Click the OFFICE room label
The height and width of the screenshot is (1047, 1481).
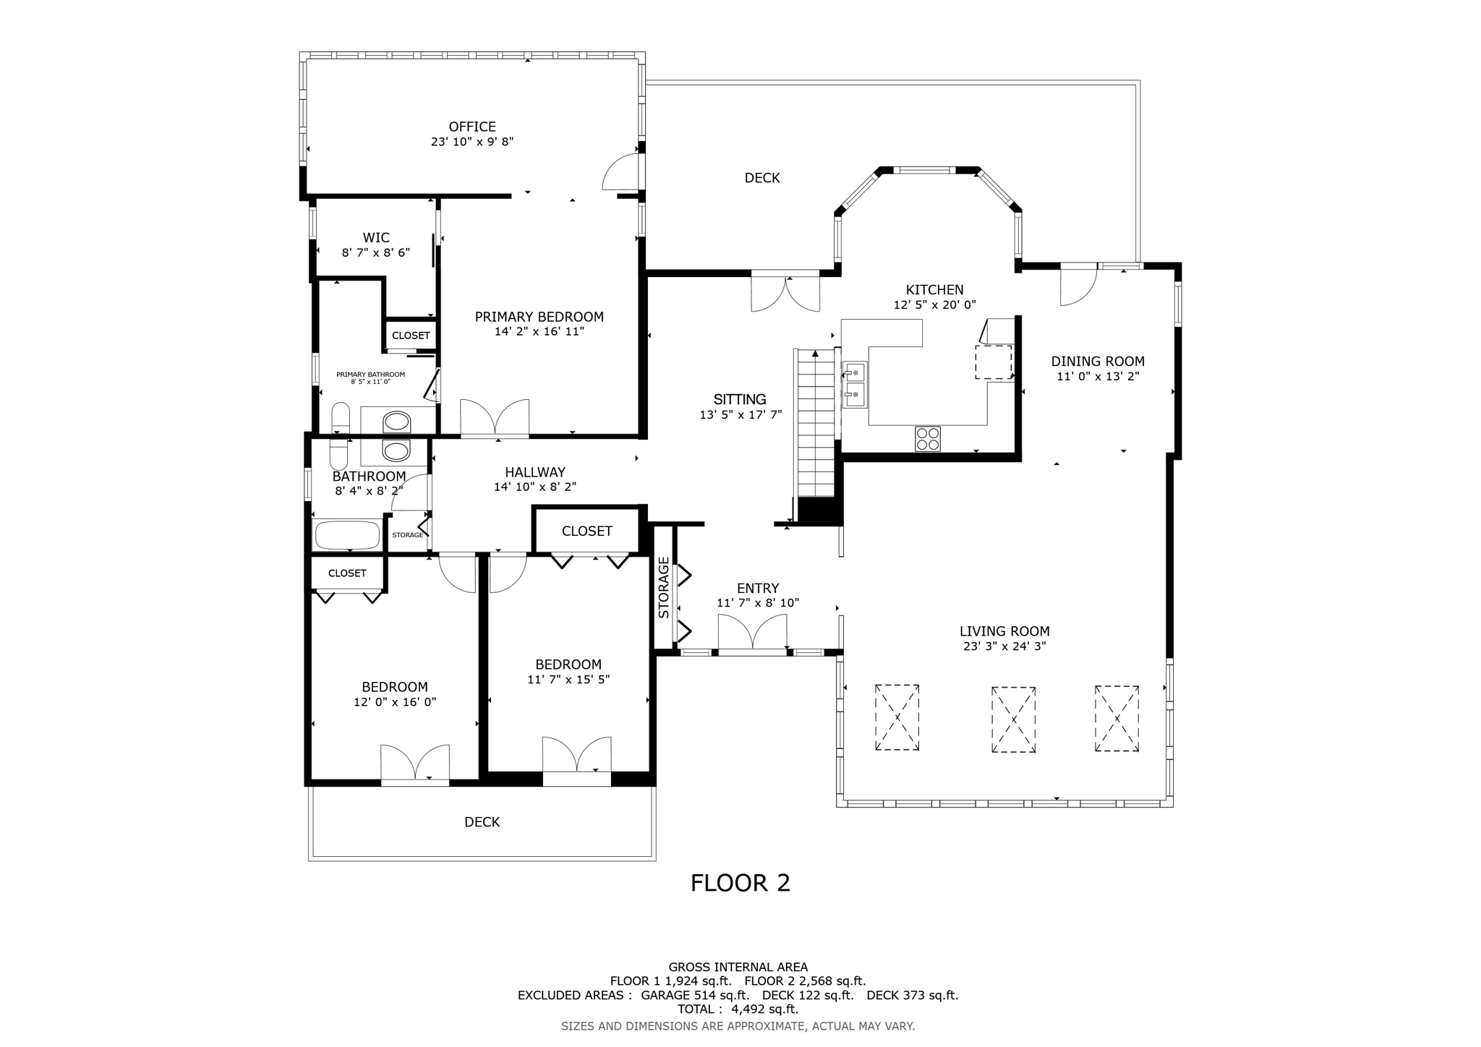pos(472,127)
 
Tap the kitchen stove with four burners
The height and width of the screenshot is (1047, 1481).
pos(927,438)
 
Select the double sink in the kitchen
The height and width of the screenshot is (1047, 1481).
pos(855,384)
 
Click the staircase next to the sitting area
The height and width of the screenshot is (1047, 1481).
pos(815,427)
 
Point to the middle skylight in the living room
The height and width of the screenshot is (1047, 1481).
pos(1013,719)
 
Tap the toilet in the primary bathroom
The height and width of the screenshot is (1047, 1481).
pos(340,419)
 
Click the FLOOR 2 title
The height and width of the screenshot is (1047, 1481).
pos(740,883)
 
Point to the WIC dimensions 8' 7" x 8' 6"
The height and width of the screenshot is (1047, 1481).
pos(375,252)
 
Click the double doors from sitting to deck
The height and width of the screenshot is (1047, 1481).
pos(785,294)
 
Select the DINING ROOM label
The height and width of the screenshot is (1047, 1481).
pos(1097,362)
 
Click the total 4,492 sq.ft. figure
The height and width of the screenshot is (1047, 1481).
pos(764,1009)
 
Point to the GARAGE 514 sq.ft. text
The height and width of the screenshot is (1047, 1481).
pos(694,995)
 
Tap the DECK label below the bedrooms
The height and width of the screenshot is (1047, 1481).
pos(482,822)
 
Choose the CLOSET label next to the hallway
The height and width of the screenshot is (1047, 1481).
pos(586,531)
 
